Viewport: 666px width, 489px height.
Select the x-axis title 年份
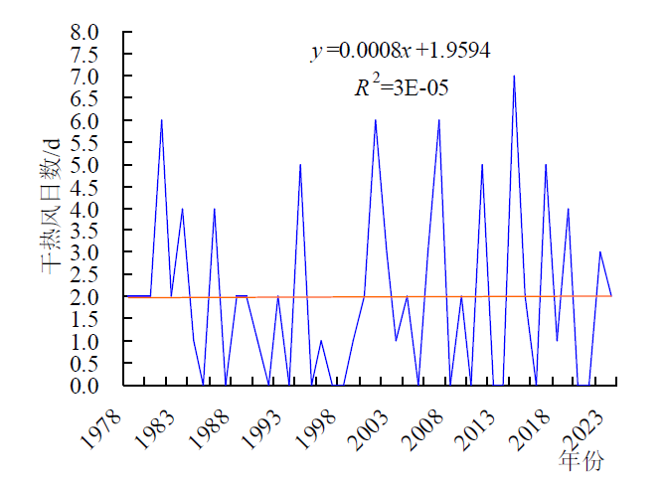[581, 461]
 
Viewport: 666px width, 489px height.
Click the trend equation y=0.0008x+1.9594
[401, 51]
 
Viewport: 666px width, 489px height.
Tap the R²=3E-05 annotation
[402, 87]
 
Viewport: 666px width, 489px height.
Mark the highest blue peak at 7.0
[514, 77]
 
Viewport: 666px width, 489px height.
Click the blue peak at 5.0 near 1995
[300, 165]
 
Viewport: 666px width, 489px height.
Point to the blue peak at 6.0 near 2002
[375, 121]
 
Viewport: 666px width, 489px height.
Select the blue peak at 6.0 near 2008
[439, 121]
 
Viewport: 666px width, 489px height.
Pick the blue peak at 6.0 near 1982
[161, 121]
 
